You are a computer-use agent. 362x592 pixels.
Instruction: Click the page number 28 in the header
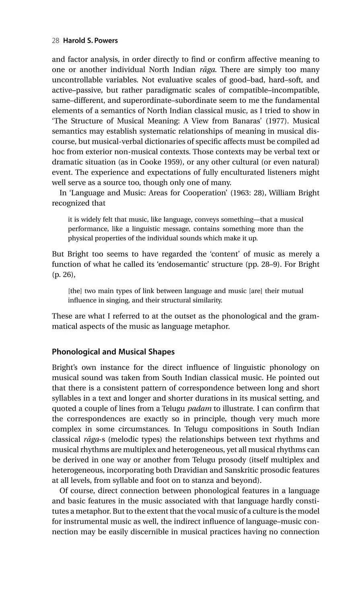coord(56,41)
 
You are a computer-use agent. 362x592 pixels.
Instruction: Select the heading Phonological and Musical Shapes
coord(113,352)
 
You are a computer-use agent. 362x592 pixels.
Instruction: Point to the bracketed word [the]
coord(75,291)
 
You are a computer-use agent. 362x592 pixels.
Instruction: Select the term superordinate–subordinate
coord(172,100)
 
